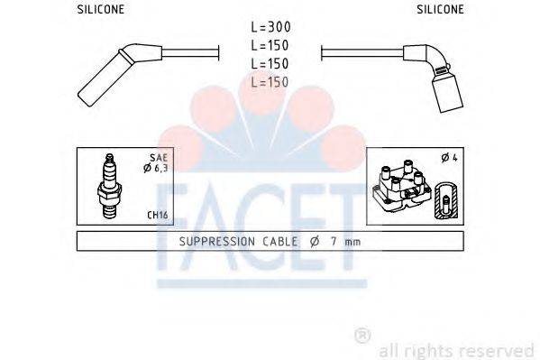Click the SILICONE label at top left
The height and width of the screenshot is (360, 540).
tap(101, 10)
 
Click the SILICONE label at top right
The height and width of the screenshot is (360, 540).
tap(440, 10)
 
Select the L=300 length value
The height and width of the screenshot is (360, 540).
tap(270, 29)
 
